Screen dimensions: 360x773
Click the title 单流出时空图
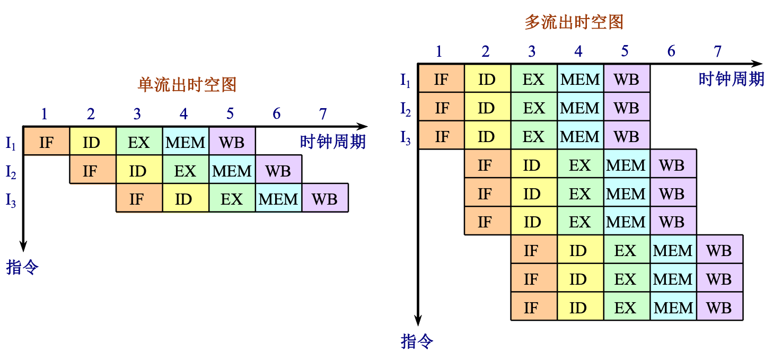(187, 85)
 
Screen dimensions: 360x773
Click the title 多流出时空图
(574, 22)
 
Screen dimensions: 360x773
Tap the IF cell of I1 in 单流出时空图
(47, 142)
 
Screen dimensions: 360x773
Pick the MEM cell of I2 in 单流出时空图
(232, 170)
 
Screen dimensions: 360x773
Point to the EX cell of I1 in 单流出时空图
(139, 142)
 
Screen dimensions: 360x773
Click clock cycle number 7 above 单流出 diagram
(323, 114)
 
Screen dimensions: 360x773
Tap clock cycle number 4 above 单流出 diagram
(183, 114)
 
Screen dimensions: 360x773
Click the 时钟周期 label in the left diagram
(332, 142)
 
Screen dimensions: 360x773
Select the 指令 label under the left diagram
(22, 267)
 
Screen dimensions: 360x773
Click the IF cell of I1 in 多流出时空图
(441, 79)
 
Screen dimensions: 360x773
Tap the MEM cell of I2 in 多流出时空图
(580, 108)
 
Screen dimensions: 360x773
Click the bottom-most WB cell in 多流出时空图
(719, 307)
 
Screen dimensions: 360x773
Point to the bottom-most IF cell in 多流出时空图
(531, 307)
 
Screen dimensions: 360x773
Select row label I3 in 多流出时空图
(406, 137)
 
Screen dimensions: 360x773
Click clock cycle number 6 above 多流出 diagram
(671, 51)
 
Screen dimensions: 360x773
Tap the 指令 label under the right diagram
(417, 341)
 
